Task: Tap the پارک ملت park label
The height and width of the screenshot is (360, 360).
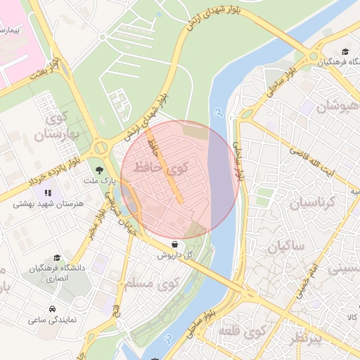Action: point(98,181)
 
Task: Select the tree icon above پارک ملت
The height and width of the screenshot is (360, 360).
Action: point(98,169)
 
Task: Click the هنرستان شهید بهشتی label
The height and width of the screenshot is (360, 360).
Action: point(49,204)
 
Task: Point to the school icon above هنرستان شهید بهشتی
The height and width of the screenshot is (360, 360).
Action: point(48,192)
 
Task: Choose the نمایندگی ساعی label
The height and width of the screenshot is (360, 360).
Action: point(53,321)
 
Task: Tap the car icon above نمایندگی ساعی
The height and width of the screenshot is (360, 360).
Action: point(53,309)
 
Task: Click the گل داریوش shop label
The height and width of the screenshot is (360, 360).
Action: point(174,255)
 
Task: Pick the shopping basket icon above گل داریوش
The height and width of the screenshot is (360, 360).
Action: point(174,243)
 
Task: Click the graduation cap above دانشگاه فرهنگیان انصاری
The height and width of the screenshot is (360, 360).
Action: point(58,257)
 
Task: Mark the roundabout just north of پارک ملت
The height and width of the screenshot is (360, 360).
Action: point(100,148)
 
